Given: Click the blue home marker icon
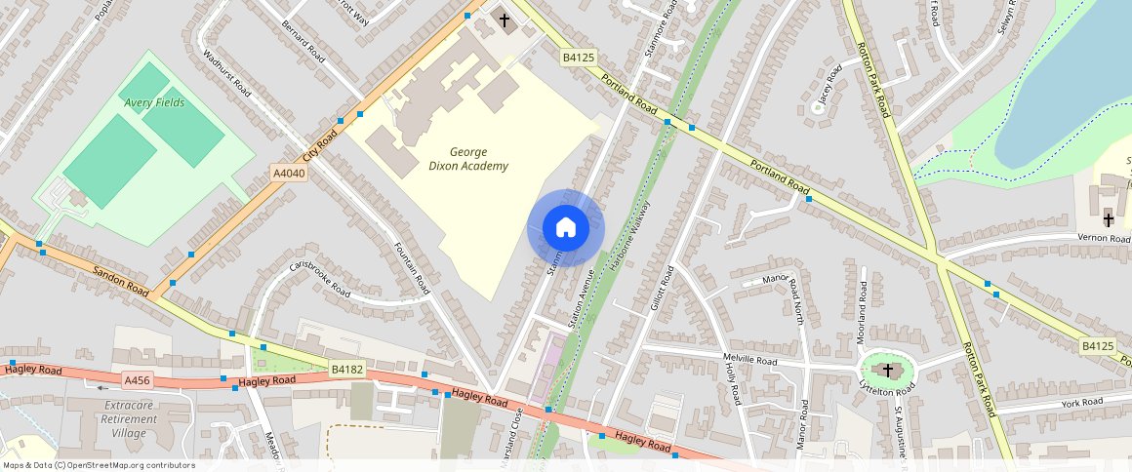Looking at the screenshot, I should pyautogui.click(x=566, y=228).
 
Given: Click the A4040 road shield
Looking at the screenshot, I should pyautogui.click(x=289, y=174).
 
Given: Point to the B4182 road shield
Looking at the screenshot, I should pyautogui.click(x=347, y=370).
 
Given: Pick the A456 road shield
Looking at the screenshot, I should pyautogui.click(x=138, y=379).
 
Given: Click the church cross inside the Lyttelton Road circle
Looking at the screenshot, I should pyautogui.click(x=888, y=370).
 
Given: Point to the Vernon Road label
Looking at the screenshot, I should pyautogui.click(x=1104, y=238).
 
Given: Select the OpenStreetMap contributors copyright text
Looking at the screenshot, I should pyautogui.click(x=98, y=465).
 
